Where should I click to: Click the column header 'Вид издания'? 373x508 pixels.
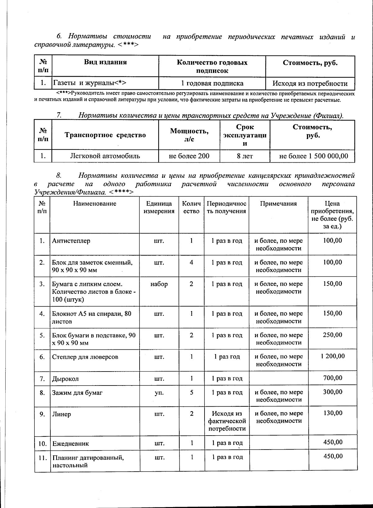105,62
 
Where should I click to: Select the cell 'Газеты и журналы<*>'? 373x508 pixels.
90,83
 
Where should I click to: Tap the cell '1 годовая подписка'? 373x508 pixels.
212,83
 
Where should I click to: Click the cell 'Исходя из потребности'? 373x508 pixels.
310,83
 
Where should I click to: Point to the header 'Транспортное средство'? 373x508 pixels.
105,135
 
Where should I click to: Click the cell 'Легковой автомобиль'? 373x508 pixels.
105,156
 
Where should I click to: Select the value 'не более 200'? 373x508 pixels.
189,156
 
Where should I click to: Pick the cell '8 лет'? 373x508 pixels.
245,156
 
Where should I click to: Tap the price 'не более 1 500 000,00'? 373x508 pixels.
312,156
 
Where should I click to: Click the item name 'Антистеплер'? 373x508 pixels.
71,241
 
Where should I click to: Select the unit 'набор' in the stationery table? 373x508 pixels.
159,284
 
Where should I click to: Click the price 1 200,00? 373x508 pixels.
333,356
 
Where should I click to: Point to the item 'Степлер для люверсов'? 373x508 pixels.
85,357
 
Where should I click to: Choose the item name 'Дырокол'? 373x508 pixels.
65,379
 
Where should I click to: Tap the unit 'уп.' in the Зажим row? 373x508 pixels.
159,393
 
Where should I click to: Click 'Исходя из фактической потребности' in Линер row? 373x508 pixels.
227,421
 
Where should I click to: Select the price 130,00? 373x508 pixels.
333,413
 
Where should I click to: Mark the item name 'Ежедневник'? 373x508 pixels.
71,444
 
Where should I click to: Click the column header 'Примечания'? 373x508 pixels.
278,204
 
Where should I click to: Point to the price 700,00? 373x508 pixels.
333,378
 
